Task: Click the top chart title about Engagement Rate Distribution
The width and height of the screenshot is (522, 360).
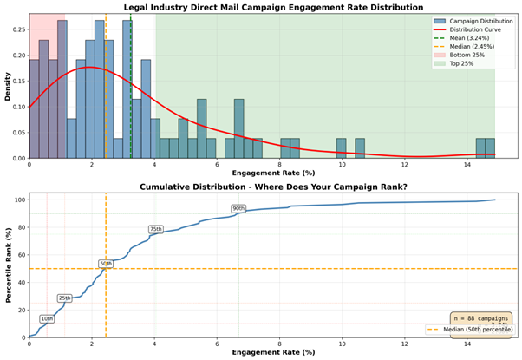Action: [273, 6]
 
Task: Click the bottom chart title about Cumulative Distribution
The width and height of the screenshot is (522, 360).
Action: [273, 186]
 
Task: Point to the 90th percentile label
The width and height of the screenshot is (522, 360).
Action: [238, 208]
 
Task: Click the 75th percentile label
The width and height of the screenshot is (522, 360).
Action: [156, 229]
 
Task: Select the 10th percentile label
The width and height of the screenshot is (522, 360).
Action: [47, 318]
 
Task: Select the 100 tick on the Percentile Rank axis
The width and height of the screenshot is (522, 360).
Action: [18, 200]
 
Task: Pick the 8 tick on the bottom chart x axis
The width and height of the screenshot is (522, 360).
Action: [280, 344]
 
